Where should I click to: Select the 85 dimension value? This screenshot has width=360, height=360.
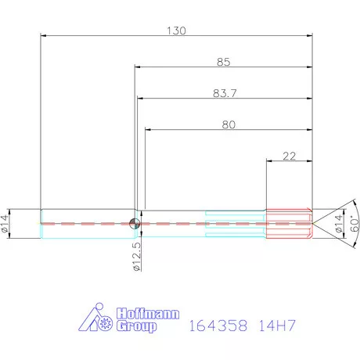(x=224, y=61)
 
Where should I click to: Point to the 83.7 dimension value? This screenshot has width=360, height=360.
(x=225, y=92)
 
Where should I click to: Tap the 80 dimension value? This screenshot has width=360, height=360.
(x=228, y=124)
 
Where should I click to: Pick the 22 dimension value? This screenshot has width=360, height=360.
(x=289, y=155)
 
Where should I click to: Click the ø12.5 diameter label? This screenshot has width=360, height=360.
(x=137, y=256)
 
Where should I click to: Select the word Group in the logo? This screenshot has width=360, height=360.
(x=135, y=326)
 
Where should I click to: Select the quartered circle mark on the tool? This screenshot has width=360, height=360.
(x=135, y=223)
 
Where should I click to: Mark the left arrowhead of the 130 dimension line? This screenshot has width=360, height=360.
(x=43, y=36)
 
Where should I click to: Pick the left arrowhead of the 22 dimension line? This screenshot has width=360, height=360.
(x=269, y=161)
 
